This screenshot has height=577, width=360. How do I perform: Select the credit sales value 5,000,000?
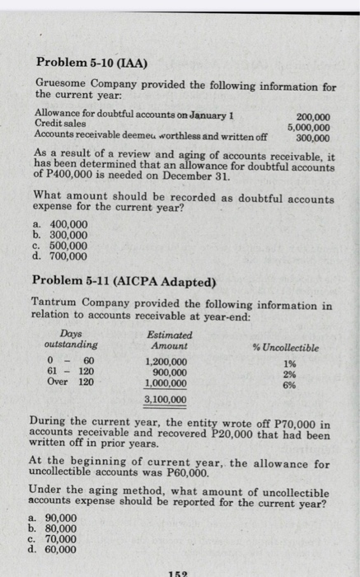[x=308, y=128]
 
